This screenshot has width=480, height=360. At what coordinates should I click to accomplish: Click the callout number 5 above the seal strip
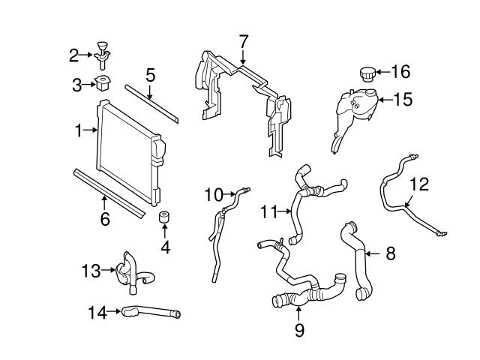150,74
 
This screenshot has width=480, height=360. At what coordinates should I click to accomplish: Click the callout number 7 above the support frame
243,40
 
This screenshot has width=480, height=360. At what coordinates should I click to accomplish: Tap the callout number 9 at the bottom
298,328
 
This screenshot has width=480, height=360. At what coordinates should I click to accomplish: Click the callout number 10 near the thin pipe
212,195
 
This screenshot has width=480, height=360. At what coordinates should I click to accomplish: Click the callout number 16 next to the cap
400,71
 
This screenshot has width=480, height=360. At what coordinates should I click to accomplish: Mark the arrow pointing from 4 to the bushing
165,232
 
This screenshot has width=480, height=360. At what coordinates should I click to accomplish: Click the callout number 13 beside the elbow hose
91,270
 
